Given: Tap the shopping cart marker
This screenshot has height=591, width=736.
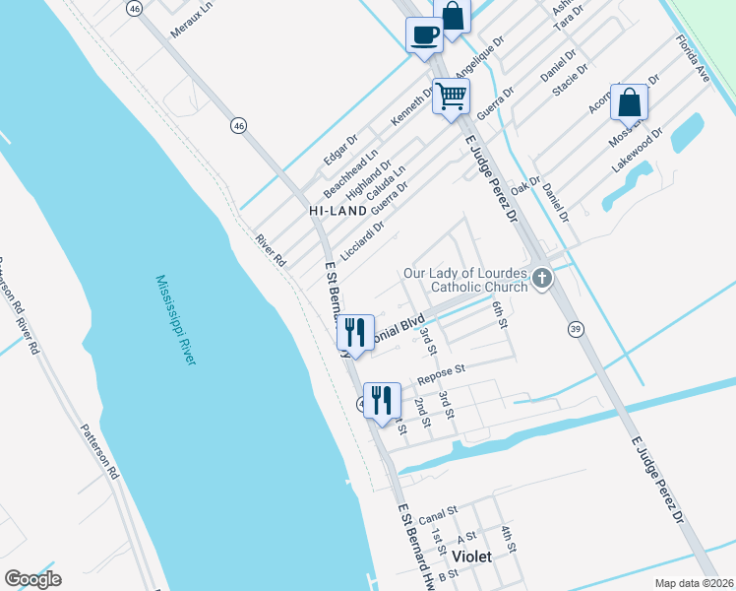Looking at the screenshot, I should [451, 97].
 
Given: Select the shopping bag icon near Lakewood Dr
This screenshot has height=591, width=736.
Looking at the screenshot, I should [629, 102].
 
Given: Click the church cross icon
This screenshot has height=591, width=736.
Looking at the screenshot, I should [540, 281].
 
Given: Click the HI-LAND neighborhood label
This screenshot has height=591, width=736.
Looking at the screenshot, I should [337, 211].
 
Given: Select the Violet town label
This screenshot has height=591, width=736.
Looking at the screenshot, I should [470, 556].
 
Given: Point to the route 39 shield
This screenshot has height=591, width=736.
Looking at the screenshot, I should [575, 327].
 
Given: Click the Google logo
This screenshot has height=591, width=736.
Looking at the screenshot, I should [32, 579].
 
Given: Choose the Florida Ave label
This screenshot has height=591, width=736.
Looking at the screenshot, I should [692, 58].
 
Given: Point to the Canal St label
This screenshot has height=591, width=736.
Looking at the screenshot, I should [438, 514].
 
